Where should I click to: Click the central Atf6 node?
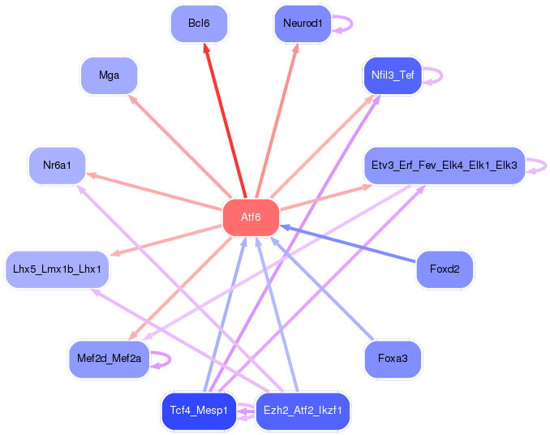pos(251,217)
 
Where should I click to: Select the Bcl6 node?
pos(199,24)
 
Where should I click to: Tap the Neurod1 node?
pos(303,24)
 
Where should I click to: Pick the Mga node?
pos(109,75)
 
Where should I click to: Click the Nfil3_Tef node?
pos(393,75)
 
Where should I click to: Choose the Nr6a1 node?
pos(57,166)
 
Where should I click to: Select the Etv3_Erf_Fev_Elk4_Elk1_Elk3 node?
pos(445,166)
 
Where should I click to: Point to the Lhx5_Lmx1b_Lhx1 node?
pos(57,269)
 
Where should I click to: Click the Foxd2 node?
pos(445,269)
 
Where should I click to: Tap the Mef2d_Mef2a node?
pos(109,359)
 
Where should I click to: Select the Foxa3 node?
pos(393,359)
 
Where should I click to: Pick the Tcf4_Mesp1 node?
pos(199,411)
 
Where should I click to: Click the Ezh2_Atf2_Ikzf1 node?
pos(303,411)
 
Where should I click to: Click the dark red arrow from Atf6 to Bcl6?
pos(226,120)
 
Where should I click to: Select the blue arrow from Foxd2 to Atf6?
pos(348,243)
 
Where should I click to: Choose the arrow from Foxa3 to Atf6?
pos(322,288)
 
